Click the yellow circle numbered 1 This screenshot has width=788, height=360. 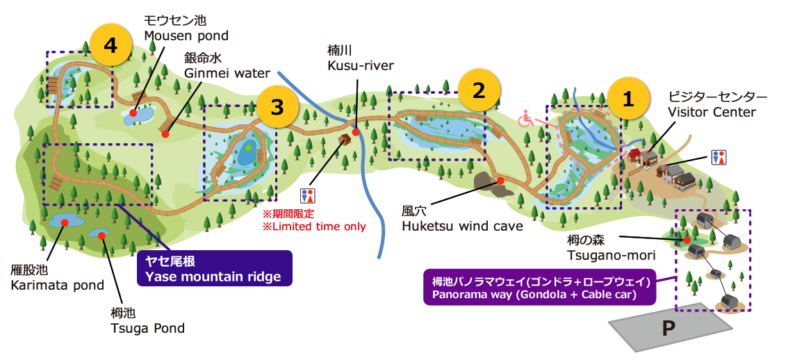[628, 99]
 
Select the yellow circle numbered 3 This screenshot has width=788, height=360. [277, 108]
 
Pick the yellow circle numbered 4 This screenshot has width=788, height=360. [110, 47]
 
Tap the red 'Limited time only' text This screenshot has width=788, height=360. [313, 227]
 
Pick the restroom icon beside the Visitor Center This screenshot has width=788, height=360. [719, 158]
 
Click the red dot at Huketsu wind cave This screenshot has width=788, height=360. [500, 181]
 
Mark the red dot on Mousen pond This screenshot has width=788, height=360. [132, 112]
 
